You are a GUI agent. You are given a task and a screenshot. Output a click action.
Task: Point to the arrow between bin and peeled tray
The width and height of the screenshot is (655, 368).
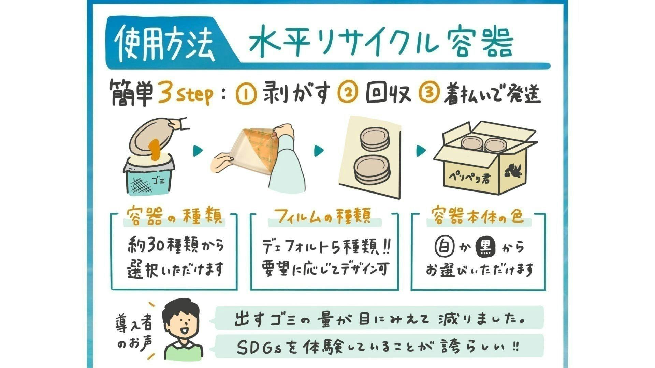198,150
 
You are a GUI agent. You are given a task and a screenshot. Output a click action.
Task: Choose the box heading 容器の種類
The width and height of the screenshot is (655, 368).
174,216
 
